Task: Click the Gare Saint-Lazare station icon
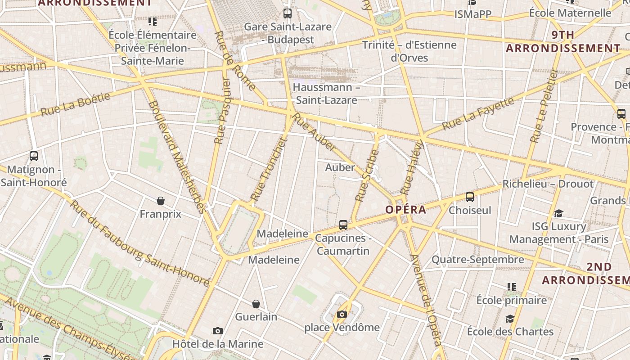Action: pos(287,13)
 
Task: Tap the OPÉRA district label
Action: pos(405,210)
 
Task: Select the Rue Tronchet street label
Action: pos(269,168)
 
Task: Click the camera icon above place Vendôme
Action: pos(342,314)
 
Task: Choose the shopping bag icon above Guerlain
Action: pos(256,304)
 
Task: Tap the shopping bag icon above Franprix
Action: pos(161,200)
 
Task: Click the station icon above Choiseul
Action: pos(470,197)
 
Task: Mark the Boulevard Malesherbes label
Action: pos(177,157)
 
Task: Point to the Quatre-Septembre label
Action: pos(478,260)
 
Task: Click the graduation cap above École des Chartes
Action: pos(510,319)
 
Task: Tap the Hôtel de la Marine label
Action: pos(218,344)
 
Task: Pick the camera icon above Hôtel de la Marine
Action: pos(218,331)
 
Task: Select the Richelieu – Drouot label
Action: pos(548,184)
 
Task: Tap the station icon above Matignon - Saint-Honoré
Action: pos(34,156)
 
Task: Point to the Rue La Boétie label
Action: pos(75,104)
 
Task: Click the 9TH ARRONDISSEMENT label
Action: pos(563,41)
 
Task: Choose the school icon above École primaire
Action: pos(512,287)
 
